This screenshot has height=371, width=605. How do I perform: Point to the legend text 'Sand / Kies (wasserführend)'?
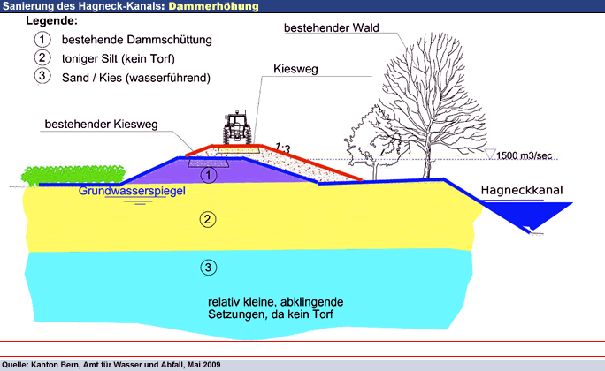pos(134,77)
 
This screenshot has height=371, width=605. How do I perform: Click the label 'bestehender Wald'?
pos(331,28)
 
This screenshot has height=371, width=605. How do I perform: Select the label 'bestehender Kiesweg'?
pos(101,125)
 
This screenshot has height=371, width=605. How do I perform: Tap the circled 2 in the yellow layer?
pos(207,220)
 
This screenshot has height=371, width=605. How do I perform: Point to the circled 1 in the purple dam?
pos(207,175)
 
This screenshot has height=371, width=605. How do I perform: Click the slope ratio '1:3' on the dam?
pos(283,146)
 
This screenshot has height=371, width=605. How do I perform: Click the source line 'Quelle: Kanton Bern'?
pos(111,364)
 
